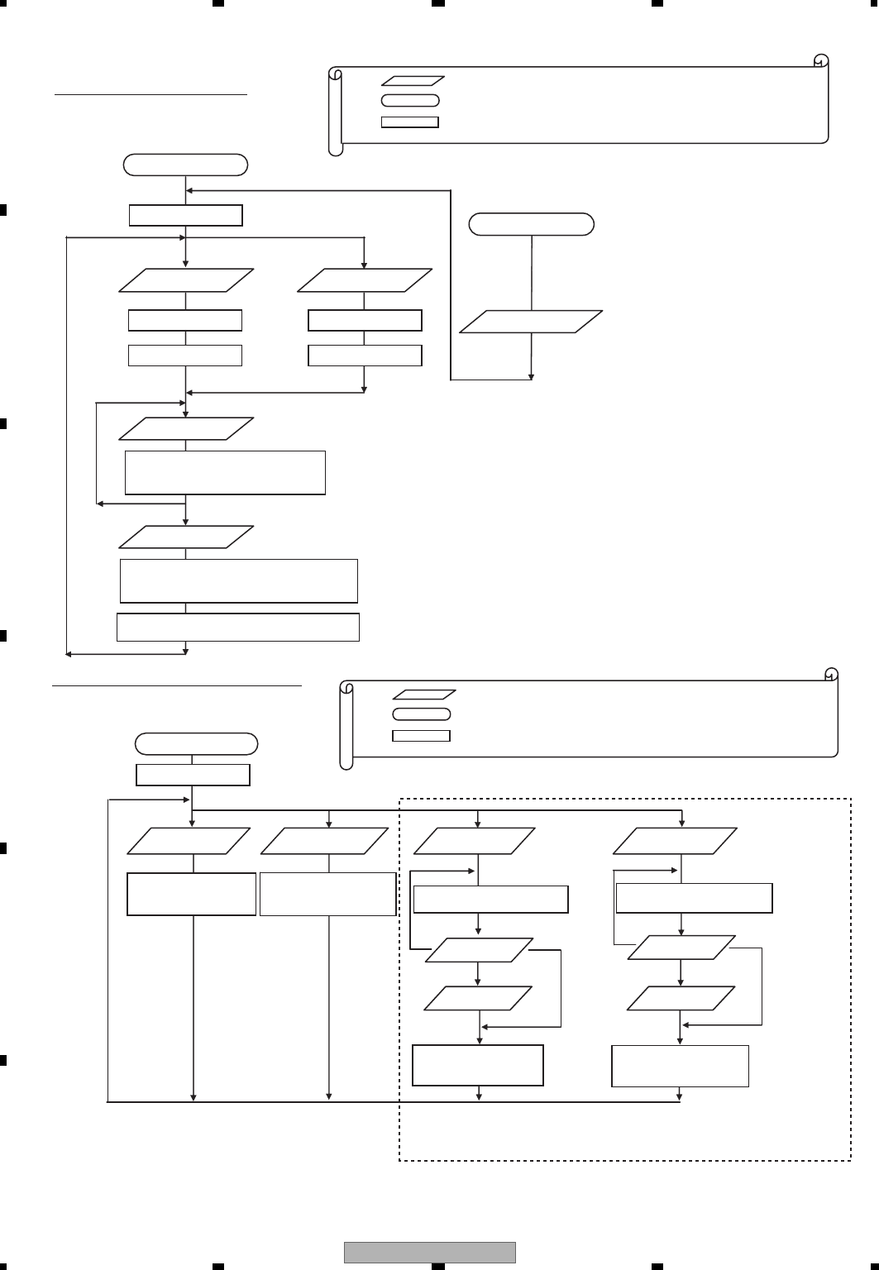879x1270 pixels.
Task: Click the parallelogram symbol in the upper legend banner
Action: coord(413,81)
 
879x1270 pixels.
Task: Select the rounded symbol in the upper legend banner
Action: coord(410,101)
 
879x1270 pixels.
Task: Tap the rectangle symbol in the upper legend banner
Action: coord(409,122)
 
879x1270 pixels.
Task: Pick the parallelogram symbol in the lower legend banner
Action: coord(423,695)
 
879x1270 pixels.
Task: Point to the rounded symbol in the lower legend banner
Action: coord(421,714)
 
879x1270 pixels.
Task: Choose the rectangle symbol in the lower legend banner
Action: coord(421,735)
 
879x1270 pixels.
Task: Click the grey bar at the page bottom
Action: coord(429,1253)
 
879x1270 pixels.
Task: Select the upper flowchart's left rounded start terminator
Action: coord(185,165)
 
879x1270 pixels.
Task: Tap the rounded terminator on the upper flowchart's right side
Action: coord(531,224)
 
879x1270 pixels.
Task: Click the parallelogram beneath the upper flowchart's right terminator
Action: coord(531,322)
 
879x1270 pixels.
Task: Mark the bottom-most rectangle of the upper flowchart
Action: coord(238,627)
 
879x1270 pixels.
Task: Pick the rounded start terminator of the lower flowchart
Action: coord(196,743)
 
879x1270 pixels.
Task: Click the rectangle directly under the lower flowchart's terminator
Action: coord(193,775)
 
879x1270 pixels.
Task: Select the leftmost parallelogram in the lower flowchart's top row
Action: coord(189,841)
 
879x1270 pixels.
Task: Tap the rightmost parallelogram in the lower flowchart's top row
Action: coord(675,841)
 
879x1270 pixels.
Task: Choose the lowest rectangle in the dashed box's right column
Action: coord(680,1066)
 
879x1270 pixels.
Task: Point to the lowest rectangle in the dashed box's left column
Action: coord(478,1065)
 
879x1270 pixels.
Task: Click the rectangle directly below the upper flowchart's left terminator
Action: coord(186,215)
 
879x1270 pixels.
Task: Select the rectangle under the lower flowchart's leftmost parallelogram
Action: coord(191,894)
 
